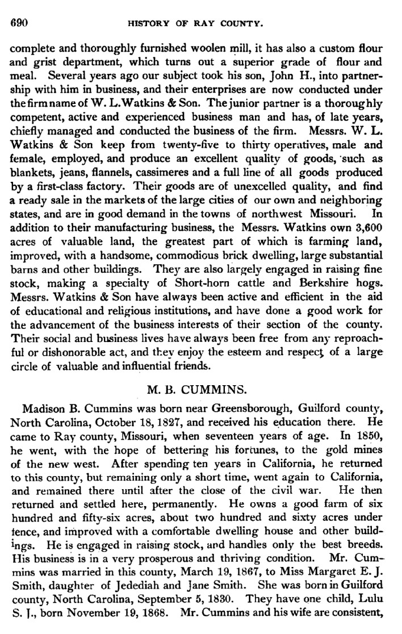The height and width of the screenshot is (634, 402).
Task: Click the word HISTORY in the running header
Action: tap(149, 24)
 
